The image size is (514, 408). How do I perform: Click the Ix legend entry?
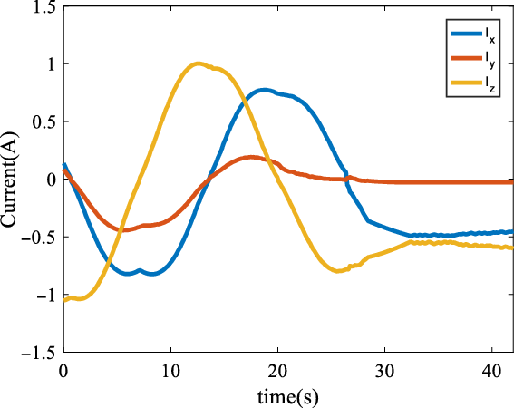tap(472, 34)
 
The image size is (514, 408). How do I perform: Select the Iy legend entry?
tap(472, 61)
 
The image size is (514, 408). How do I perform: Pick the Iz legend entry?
tap(472, 87)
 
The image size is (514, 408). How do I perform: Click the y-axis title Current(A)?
tap(15, 179)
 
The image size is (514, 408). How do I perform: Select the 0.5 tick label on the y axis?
tap(43, 121)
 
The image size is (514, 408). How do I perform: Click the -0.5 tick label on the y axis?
tap(38, 237)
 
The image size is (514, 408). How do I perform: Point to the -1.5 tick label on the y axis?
tap(38, 352)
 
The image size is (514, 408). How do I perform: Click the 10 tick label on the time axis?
tap(170, 372)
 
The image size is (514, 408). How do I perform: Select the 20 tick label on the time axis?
tap(277, 372)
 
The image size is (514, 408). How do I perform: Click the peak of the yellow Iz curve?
tap(199, 64)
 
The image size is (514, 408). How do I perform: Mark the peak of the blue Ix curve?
tap(263, 90)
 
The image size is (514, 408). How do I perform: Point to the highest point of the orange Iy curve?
tap(251, 158)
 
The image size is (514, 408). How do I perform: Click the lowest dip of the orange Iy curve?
tap(125, 229)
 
